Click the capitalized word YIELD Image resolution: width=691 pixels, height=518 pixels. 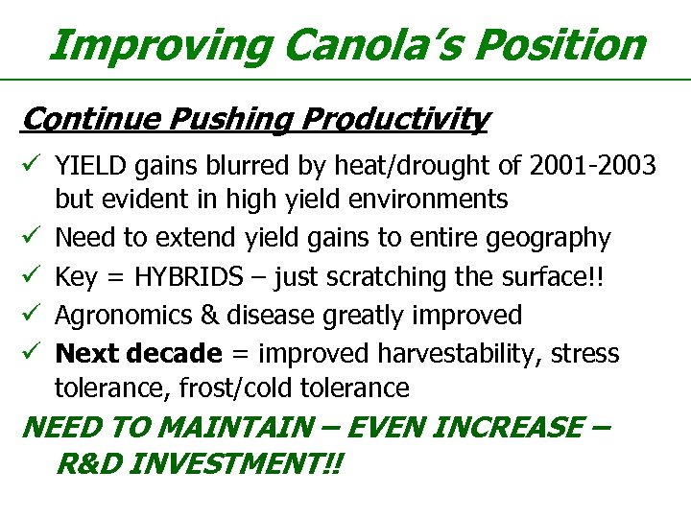(x=86, y=166)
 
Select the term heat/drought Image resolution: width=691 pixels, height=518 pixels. (x=400, y=166)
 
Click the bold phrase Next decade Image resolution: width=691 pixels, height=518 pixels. (x=138, y=353)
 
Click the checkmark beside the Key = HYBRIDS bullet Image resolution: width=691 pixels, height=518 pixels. (x=32, y=276)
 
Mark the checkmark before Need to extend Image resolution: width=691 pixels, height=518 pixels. (x=32, y=237)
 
